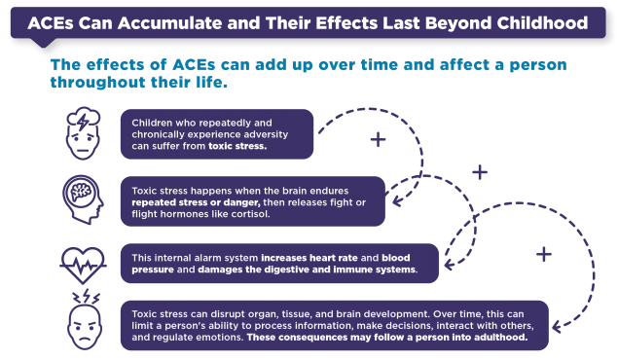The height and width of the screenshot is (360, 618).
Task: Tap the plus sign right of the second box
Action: pyautogui.click(x=479, y=172)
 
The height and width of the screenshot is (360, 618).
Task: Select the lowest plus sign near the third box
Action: pyautogui.click(x=543, y=254)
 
